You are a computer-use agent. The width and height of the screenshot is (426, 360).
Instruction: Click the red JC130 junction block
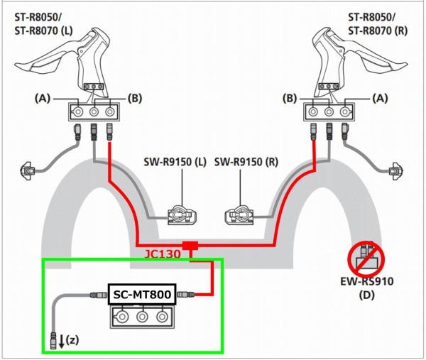click(x=190, y=246)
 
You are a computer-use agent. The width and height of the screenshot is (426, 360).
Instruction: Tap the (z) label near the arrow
click(x=71, y=339)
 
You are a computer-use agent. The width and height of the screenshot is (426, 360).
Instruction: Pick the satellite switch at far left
click(x=28, y=170)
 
